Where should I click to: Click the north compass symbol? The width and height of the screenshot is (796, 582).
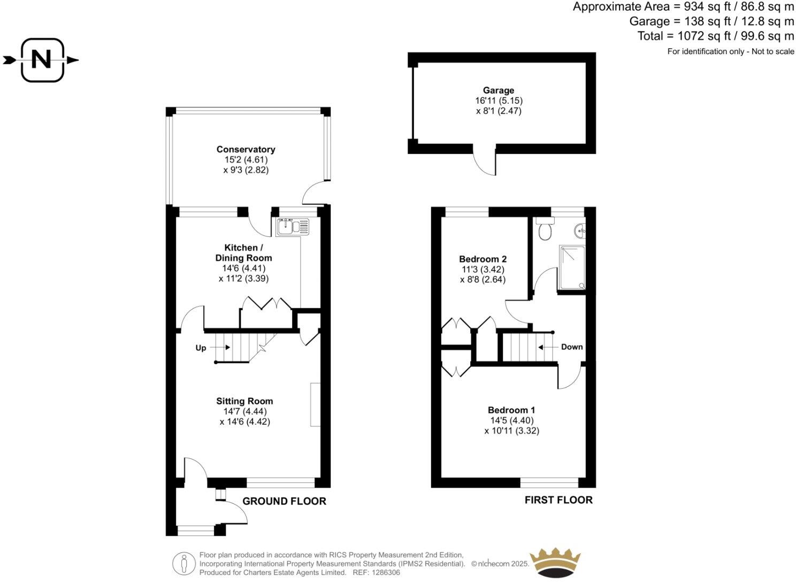pyautogui.click(x=42, y=60)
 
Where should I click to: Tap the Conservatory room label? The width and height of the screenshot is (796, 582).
pyautogui.click(x=246, y=149)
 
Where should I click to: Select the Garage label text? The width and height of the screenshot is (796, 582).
pyautogui.click(x=498, y=90)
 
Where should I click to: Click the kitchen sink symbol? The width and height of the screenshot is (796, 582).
pyautogui.click(x=293, y=227)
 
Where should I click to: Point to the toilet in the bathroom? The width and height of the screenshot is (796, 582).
pyautogui.click(x=545, y=230)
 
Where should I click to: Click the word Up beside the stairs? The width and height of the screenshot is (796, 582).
pyautogui.click(x=201, y=348)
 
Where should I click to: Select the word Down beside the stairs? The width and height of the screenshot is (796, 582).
pyautogui.click(x=571, y=347)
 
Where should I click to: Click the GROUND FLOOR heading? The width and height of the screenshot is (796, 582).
pyautogui.click(x=284, y=501)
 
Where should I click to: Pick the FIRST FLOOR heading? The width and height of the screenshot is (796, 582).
pyautogui.click(x=558, y=500)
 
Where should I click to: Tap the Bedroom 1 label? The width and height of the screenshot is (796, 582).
pyautogui.click(x=511, y=410)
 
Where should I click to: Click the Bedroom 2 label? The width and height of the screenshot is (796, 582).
pyautogui.click(x=483, y=259)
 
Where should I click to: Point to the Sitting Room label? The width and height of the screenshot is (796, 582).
pyautogui.click(x=244, y=401)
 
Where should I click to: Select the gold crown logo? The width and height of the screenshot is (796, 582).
pyautogui.click(x=555, y=563)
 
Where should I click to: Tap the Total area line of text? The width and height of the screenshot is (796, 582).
pyautogui.click(x=715, y=36)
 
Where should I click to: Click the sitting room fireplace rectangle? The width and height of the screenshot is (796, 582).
pyautogui.click(x=315, y=404)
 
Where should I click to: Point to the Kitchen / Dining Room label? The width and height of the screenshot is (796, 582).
pyautogui.click(x=243, y=252)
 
